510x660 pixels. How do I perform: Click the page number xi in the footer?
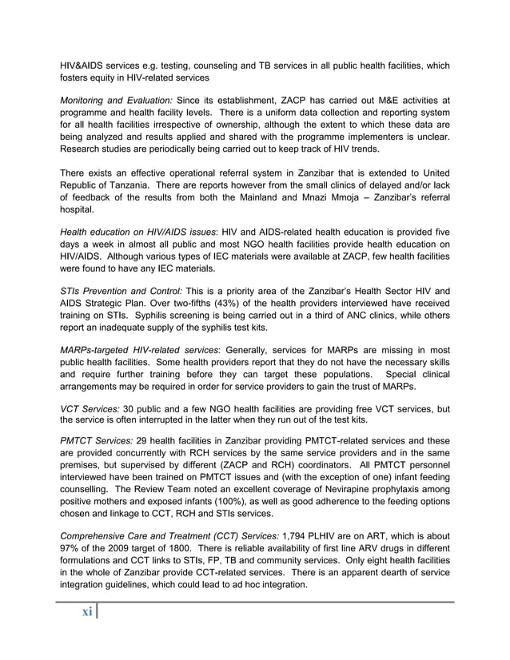click(86, 611)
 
